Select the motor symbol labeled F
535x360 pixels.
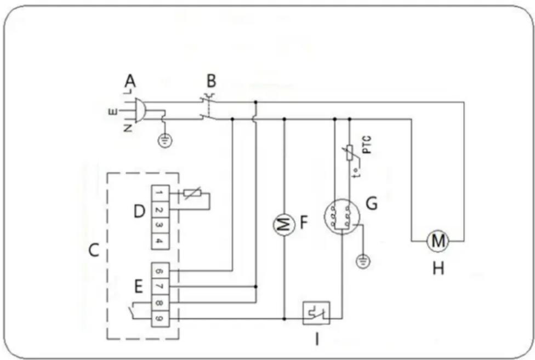tap(284, 224)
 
